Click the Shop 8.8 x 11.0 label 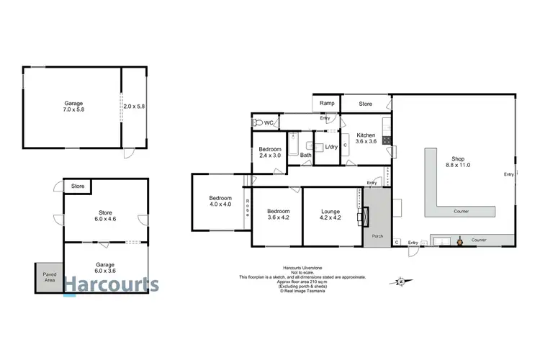(461, 162)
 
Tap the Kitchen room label (366, 139)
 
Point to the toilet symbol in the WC (258, 124)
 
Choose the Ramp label (327, 104)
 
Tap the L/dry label (331, 148)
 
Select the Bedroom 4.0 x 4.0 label (220, 202)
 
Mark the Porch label (376, 235)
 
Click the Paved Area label (48, 276)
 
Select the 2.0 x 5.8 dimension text (134, 106)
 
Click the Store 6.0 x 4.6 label (106, 215)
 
